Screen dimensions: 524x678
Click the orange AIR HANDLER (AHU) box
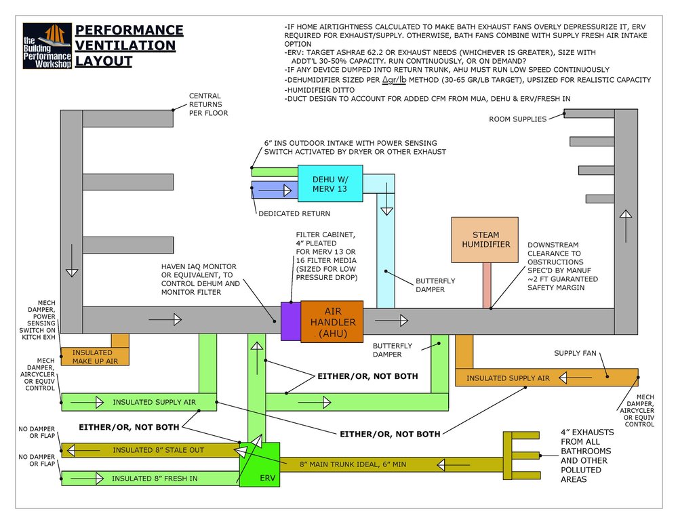(x=332, y=321)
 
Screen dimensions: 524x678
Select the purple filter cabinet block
(x=291, y=321)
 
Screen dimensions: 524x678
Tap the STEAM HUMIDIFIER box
(x=485, y=239)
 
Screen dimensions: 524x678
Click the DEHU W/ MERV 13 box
(x=330, y=184)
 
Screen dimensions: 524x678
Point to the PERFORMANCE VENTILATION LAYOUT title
(x=129, y=46)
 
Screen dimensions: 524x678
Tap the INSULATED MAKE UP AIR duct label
(x=94, y=357)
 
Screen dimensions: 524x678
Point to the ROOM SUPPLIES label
(x=517, y=119)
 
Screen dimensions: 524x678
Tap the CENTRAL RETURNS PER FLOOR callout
(x=208, y=104)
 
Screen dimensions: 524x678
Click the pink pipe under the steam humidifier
(x=486, y=285)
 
